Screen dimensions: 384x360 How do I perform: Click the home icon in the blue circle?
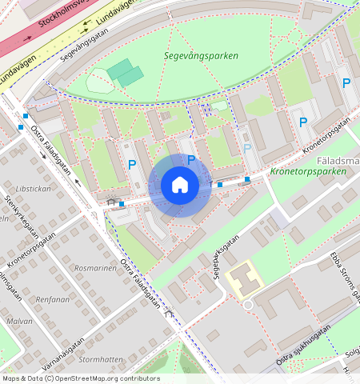(180, 186)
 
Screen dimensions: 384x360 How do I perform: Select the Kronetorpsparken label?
(309, 171)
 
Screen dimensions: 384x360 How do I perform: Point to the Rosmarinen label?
(94, 268)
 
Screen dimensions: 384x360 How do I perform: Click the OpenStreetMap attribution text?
(80, 378)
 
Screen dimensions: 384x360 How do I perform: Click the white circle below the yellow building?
(248, 305)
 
